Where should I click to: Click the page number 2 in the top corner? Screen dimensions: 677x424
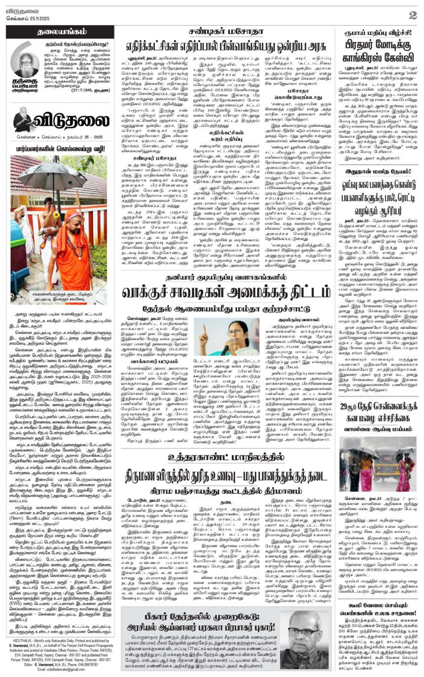click(412, 15)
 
